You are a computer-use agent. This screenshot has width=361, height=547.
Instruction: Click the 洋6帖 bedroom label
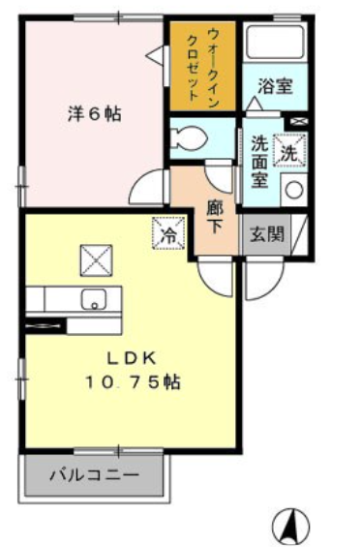point(94,112)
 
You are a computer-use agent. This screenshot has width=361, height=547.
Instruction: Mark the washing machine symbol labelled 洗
point(290,150)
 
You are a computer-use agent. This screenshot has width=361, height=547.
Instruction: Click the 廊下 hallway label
point(216,216)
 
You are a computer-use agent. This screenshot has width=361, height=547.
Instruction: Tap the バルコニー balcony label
point(94,476)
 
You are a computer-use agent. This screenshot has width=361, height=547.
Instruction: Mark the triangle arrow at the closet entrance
point(155,57)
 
